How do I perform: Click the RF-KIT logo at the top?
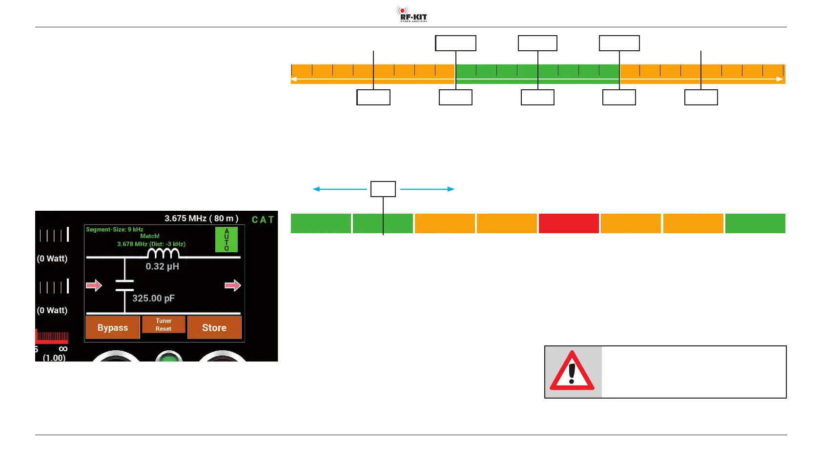(x=411, y=14)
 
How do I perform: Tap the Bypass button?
(x=113, y=327)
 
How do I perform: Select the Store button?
(x=214, y=327)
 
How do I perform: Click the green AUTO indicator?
(x=226, y=240)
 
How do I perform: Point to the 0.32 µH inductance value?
(x=162, y=266)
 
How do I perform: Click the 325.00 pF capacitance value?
(x=153, y=298)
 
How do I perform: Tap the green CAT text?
(x=263, y=220)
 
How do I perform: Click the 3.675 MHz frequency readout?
(x=201, y=218)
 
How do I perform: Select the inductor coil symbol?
(x=163, y=253)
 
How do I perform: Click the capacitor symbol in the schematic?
(x=125, y=285)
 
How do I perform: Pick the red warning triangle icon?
(x=572, y=372)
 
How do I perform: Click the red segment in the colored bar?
(x=569, y=223)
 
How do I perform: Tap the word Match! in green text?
(x=150, y=236)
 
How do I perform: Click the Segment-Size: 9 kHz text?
(x=115, y=229)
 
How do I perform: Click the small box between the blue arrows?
(x=383, y=189)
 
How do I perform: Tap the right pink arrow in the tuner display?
(x=233, y=285)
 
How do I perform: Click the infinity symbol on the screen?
(x=63, y=349)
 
